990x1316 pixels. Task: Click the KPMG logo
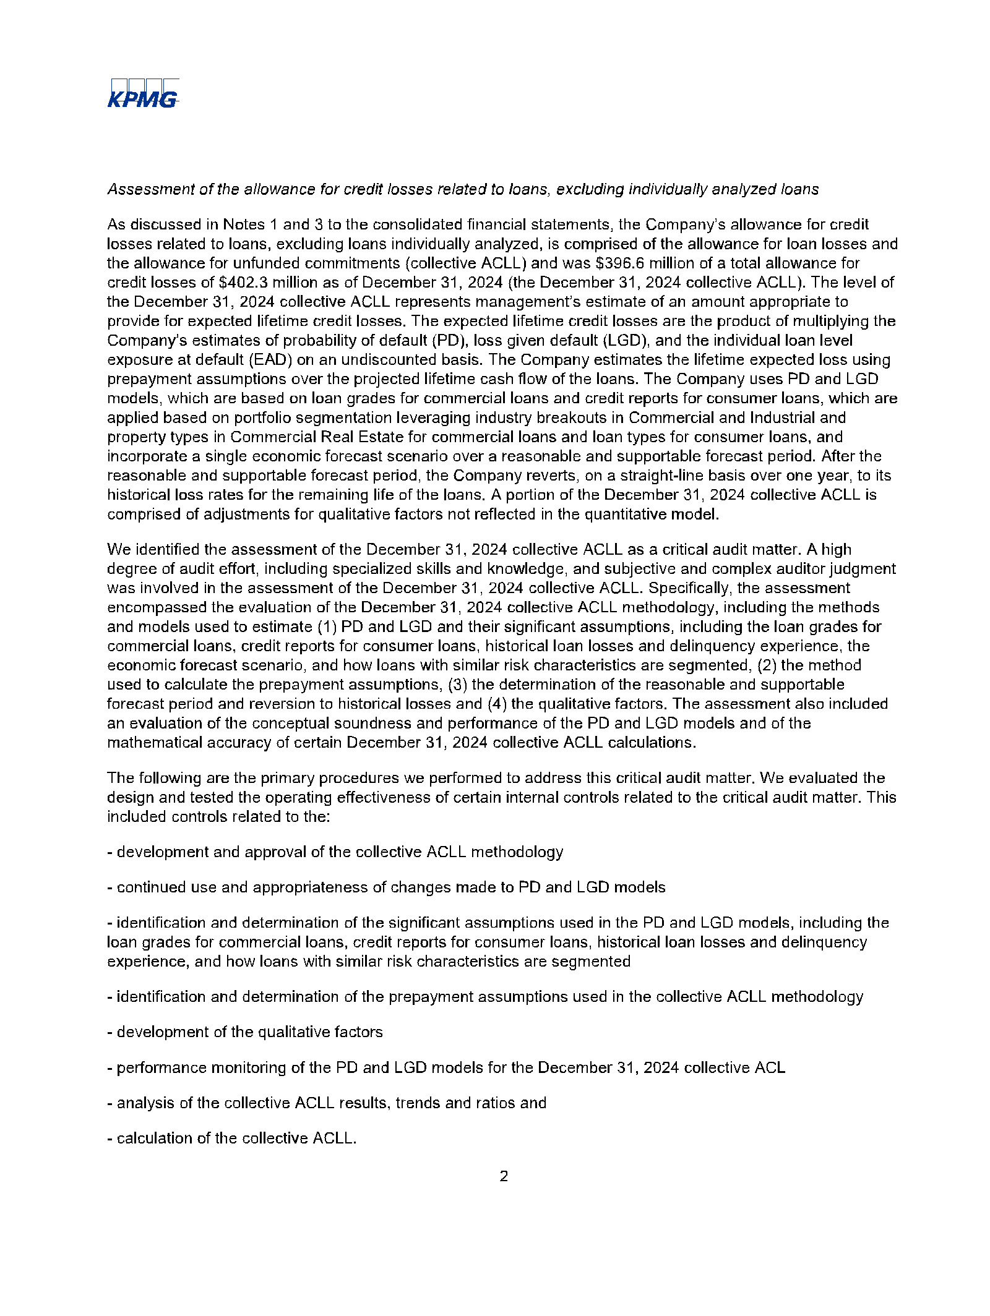(143, 93)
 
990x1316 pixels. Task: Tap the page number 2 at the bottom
(504, 1176)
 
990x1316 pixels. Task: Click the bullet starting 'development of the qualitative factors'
(246, 1032)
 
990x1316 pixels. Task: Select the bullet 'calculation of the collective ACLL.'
(232, 1138)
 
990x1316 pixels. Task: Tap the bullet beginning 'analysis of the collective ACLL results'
(327, 1103)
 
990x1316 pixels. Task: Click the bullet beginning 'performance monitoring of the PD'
(445, 1067)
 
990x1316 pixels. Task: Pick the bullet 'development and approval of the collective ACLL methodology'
(335, 852)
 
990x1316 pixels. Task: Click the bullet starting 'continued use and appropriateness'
(386, 887)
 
